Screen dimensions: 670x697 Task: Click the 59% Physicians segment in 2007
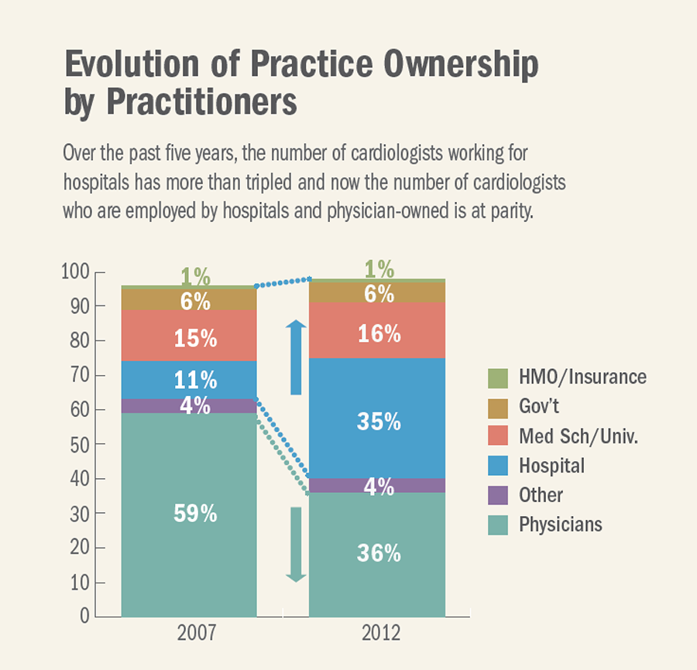[x=189, y=514]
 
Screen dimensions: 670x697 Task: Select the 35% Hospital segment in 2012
[x=377, y=422]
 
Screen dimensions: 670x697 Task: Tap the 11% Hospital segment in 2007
[x=189, y=380]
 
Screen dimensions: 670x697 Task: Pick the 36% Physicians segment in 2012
[x=377, y=553]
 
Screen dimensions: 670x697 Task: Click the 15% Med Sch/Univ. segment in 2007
[x=189, y=339]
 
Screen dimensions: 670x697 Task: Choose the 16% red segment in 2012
[x=377, y=333]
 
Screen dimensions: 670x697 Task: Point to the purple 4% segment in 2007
[x=189, y=405]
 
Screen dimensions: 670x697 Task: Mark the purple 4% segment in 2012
[x=377, y=486]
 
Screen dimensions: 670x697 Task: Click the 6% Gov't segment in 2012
[x=377, y=293]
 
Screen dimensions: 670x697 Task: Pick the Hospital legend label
[x=551, y=466]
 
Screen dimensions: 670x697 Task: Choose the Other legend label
[x=541, y=495]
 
